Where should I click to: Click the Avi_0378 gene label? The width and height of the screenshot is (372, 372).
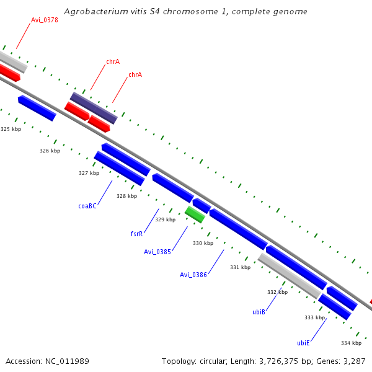pyautogui.click(x=45, y=20)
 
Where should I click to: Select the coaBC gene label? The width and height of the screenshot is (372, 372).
pyautogui.click(x=87, y=206)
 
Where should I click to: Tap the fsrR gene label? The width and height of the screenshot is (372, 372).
pyautogui.click(x=137, y=234)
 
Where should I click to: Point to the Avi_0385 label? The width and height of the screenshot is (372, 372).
pyautogui.click(x=157, y=252)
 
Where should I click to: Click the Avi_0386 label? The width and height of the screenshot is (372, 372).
pyautogui.click(x=193, y=275)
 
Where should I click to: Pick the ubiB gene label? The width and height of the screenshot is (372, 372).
pyautogui.click(x=259, y=312)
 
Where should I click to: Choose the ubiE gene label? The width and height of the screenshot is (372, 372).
pyautogui.click(x=303, y=343)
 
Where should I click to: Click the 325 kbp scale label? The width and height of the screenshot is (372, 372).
pyautogui.click(x=11, y=129)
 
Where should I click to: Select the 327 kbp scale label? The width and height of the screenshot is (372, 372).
pyautogui.click(x=89, y=173)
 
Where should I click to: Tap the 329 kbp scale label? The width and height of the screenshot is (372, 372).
pyautogui.click(x=165, y=219)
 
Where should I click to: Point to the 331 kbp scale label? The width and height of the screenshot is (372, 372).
pyautogui.click(x=240, y=267)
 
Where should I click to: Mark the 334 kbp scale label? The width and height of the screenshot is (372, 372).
pyautogui.click(x=351, y=343)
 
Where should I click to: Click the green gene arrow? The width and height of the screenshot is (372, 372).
pyautogui.click(x=195, y=215)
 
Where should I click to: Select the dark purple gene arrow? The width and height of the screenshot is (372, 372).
pyautogui.click(x=93, y=108)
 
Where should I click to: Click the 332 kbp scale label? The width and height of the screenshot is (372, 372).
pyautogui.click(x=277, y=292)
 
